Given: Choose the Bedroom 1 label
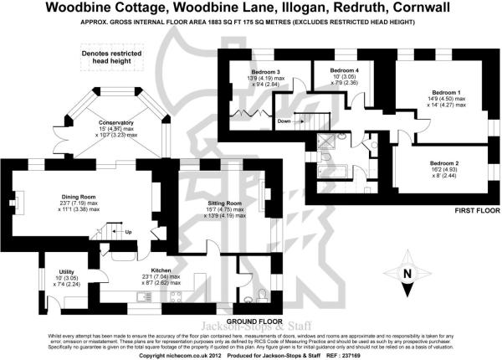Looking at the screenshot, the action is [446, 91].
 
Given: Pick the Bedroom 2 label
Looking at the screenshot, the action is [444, 162].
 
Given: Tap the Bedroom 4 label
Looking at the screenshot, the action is [344, 69].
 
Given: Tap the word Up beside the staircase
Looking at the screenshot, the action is [128, 232].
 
